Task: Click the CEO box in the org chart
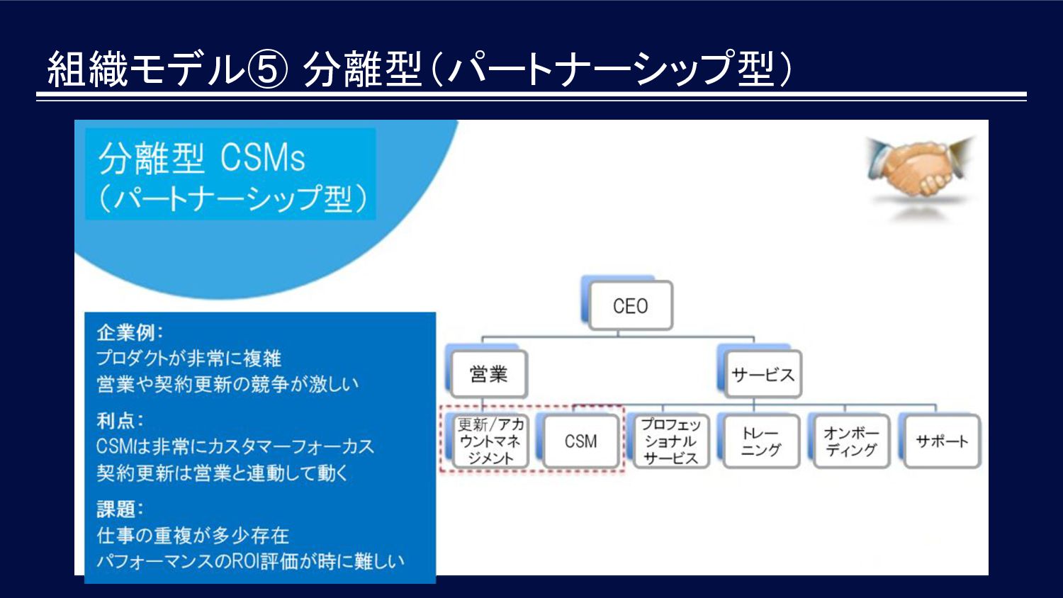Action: (x=630, y=305)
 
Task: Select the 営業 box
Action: (x=489, y=375)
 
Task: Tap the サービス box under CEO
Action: (x=763, y=375)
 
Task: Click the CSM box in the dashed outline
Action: (x=581, y=441)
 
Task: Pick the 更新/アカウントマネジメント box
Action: (x=490, y=441)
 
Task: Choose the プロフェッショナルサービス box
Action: (x=671, y=441)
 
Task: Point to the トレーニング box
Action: (x=761, y=441)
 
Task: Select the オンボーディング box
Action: (x=851, y=441)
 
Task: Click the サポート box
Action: (x=942, y=441)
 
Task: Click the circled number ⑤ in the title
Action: (x=268, y=69)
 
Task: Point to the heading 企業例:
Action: (x=130, y=333)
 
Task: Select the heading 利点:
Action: (x=120, y=420)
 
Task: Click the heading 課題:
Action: (x=120, y=509)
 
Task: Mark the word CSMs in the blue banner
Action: (x=262, y=157)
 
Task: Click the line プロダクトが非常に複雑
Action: (x=189, y=359)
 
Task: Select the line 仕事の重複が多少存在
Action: (x=193, y=536)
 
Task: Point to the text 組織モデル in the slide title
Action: (x=146, y=69)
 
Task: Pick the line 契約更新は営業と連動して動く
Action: (x=222, y=473)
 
